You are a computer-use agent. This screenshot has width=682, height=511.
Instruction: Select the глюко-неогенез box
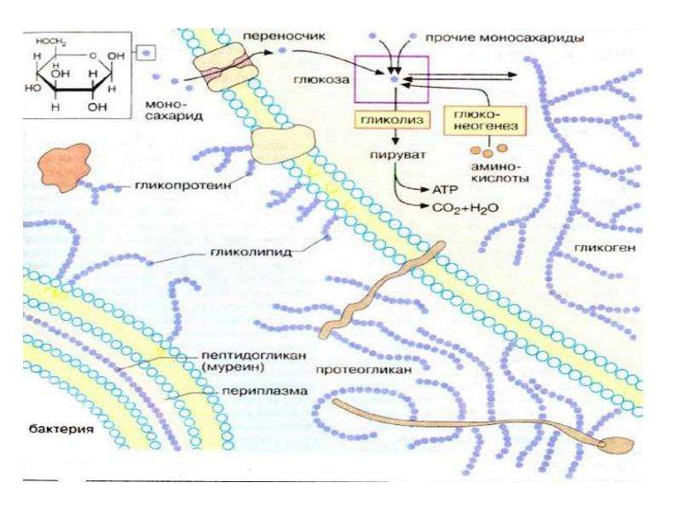click(485, 120)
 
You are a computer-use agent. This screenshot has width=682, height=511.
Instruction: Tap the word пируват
click(398, 155)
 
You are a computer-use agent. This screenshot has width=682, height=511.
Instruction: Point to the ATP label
click(445, 190)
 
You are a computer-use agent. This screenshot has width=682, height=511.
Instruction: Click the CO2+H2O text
click(465, 208)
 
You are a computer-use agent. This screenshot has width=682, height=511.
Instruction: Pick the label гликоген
click(605, 248)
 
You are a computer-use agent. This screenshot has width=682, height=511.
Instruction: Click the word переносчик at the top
click(284, 36)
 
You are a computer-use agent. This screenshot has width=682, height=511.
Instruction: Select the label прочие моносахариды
click(505, 37)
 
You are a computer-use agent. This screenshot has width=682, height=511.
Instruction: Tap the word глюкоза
click(321, 79)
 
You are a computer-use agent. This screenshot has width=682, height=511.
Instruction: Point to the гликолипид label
click(251, 252)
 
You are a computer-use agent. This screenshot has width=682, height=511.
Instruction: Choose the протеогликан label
click(363, 370)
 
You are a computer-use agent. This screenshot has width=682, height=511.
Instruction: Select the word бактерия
click(61, 429)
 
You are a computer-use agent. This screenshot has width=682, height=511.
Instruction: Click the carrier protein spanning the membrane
click(224, 66)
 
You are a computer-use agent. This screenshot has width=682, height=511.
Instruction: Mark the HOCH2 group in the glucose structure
click(51, 43)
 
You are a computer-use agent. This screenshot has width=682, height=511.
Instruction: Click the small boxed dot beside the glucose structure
click(146, 53)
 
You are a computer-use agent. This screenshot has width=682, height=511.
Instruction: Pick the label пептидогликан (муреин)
click(254, 361)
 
